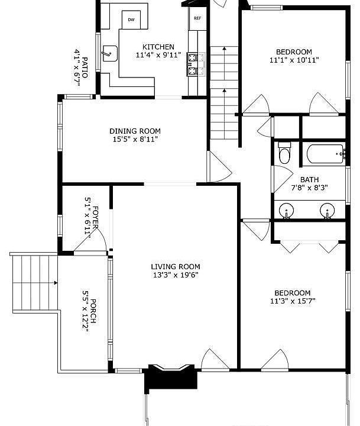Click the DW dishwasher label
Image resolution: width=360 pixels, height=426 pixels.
point(131,20)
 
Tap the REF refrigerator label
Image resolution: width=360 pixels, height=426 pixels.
point(197,18)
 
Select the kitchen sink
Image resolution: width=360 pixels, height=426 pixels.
point(110,53)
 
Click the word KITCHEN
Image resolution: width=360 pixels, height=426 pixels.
point(158,47)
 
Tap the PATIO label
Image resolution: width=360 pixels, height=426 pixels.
point(85,67)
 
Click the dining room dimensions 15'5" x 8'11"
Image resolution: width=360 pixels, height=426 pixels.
point(135,140)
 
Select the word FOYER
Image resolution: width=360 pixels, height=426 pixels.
point(95,217)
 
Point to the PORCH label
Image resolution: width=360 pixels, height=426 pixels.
point(93,311)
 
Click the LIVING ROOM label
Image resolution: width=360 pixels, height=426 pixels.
point(176,266)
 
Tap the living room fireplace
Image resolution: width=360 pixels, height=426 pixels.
point(170,377)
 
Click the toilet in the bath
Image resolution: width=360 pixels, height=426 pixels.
point(284,153)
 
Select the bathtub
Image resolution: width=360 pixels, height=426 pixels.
point(326,154)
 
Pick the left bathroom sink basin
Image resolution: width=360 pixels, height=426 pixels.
point(286,211)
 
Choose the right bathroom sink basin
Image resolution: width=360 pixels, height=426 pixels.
point(327,211)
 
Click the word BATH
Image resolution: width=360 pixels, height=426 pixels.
point(310,180)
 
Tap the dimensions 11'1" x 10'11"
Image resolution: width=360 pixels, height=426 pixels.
point(294,60)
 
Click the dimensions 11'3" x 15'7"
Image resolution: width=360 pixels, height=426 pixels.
point(293,301)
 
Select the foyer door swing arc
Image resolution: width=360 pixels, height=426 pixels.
point(102,235)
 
